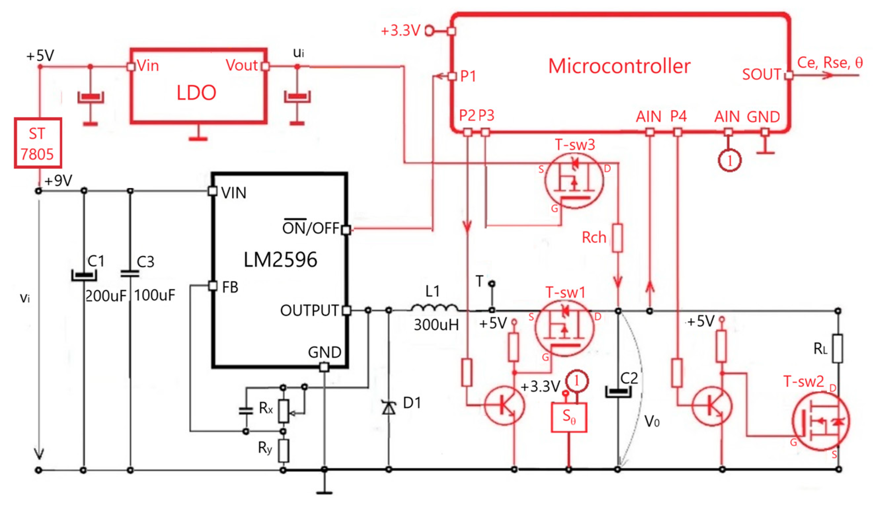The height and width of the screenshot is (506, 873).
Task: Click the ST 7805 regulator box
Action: pyautogui.click(x=38, y=143)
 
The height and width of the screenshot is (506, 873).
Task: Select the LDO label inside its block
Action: pyautogui.click(x=196, y=93)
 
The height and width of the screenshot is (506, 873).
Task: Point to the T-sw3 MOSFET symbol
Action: pyautogui.click(x=574, y=180)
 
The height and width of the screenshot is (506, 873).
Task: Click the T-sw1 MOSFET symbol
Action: pyautogui.click(x=564, y=328)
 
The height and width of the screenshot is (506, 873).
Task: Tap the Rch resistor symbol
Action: pyautogui.click(x=617, y=238)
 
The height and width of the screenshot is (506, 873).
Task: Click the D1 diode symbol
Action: pyautogui.click(x=389, y=408)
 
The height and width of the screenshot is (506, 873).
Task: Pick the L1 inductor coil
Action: pyautogui.click(x=434, y=307)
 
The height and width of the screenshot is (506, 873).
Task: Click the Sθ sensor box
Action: pyautogui.click(x=569, y=417)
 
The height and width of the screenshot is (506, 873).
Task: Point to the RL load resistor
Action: pyautogui.click(x=837, y=348)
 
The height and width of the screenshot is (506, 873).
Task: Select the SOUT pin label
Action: pyautogui.click(x=761, y=74)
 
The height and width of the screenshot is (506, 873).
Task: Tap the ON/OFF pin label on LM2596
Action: pyautogui.click(x=310, y=228)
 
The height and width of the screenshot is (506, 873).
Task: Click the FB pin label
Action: pyautogui.click(x=230, y=287)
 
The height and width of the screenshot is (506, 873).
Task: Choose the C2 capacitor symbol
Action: pyautogui.click(x=618, y=392)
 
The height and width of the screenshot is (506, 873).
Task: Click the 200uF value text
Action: pyautogui.click(x=106, y=296)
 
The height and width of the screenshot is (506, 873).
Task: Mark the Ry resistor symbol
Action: pyautogui.click(x=284, y=451)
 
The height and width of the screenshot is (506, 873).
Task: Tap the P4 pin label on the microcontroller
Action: pyautogui.click(x=678, y=116)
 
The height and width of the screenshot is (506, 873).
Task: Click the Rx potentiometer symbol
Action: pyautogui.click(x=284, y=411)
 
